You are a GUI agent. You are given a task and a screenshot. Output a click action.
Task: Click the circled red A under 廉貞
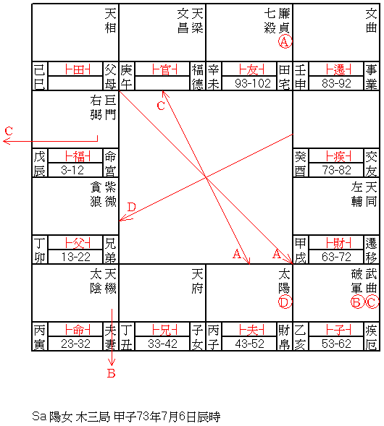285,42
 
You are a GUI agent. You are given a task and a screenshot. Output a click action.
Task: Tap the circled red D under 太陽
285,302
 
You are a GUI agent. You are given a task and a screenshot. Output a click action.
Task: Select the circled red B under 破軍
357,302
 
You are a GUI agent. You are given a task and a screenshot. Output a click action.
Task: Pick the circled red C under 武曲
372,302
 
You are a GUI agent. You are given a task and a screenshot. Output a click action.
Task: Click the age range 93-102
253,83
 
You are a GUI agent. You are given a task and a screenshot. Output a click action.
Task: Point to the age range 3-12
72,171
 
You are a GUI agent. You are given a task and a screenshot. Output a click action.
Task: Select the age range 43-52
249,344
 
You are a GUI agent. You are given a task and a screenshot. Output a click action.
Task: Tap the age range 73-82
336,171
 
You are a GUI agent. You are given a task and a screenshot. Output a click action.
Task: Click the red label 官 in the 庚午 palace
164,69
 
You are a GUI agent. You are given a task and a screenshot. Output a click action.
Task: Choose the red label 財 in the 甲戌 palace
338,243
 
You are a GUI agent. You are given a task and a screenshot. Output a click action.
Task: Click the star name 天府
197,281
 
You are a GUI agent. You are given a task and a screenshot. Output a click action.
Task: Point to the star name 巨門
111,108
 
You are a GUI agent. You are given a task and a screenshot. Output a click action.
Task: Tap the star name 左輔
356,195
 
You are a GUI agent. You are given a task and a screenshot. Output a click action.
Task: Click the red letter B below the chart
111,374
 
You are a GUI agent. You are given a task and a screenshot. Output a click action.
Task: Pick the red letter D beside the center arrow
131,208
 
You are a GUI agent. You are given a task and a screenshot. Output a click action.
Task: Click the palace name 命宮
110,163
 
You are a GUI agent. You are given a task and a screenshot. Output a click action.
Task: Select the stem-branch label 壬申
300,77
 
